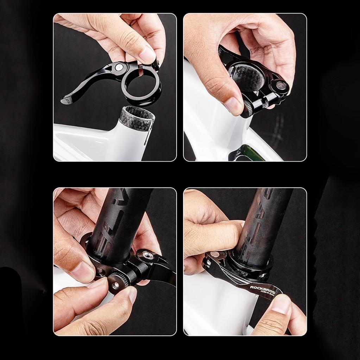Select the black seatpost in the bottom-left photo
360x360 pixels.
(x=120, y=218)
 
